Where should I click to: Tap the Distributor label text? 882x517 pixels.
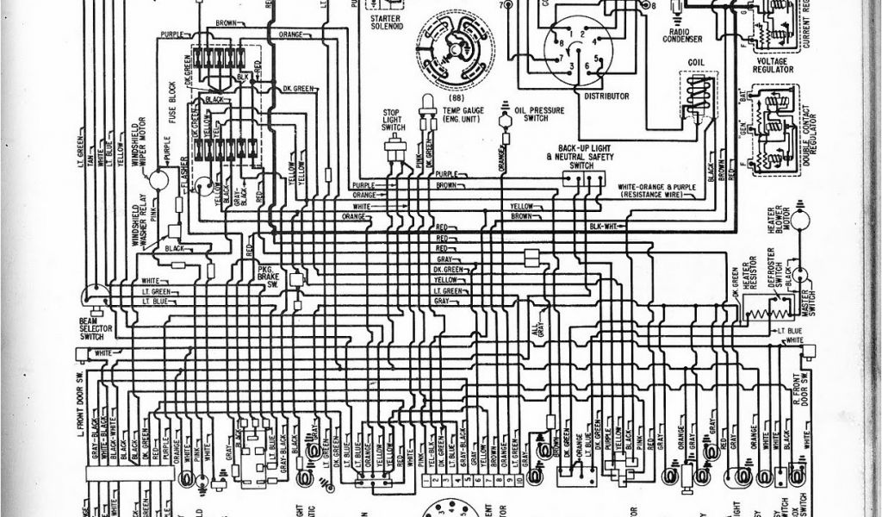(x=606, y=96)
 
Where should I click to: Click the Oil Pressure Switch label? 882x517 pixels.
(x=531, y=115)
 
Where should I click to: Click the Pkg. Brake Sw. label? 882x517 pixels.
(x=267, y=278)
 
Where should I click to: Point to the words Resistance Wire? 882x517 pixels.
(x=654, y=196)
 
